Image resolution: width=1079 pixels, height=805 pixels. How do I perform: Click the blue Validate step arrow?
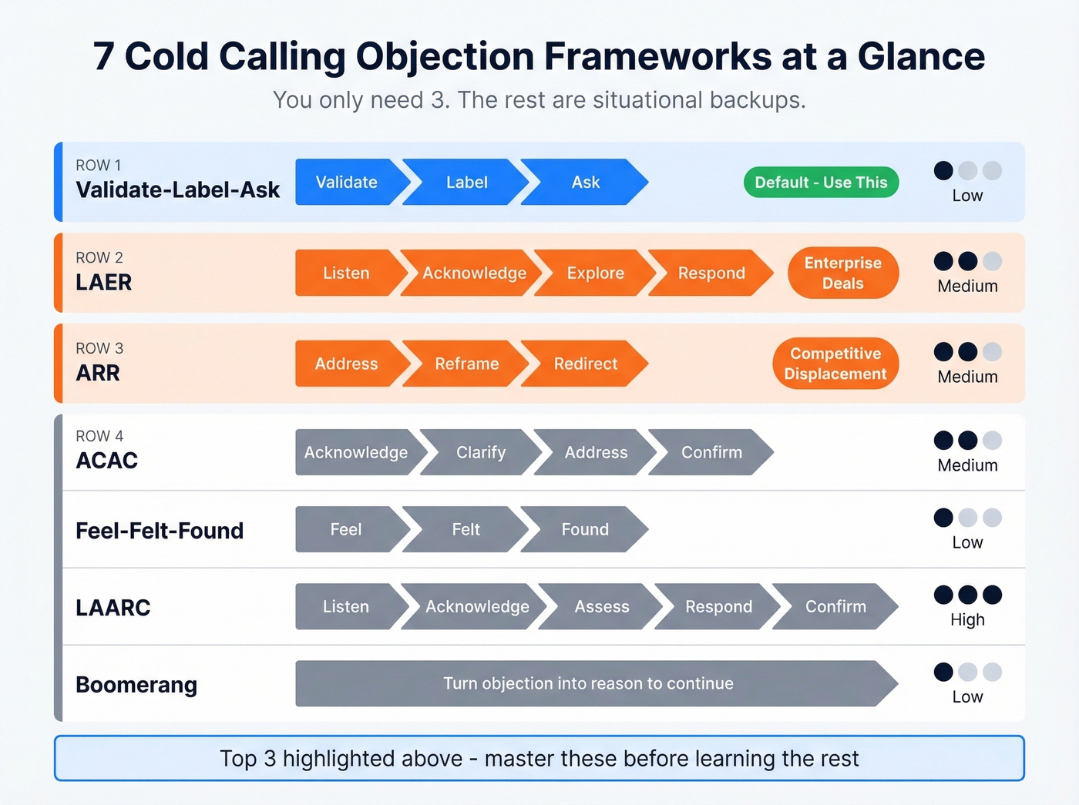(347, 183)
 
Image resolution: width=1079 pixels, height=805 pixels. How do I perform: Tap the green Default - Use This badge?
(821, 183)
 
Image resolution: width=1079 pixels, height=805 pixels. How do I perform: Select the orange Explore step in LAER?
(595, 273)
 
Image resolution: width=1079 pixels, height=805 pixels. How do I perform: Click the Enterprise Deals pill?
(842, 273)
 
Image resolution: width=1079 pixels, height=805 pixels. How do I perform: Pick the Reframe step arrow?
(466, 364)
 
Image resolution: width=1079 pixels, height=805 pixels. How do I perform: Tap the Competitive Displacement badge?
(835, 364)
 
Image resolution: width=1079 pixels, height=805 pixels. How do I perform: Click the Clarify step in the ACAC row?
(480, 453)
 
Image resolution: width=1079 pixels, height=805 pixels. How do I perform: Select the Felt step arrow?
(466, 530)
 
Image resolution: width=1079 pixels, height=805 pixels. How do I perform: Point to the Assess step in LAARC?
(601, 607)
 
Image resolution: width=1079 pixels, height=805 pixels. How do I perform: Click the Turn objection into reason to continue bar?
(588, 684)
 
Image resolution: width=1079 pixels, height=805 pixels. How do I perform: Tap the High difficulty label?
(967, 620)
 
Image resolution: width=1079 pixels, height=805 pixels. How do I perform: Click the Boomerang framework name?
(136, 685)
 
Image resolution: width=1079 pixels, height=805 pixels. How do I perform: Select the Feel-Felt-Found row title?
(160, 531)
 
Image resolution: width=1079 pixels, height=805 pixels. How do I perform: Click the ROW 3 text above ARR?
(99, 348)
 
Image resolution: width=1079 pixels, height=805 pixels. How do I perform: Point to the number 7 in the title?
(104, 57)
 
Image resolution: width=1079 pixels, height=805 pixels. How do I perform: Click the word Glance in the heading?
(921, 57)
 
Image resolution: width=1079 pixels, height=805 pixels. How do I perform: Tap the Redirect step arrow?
(585, 364)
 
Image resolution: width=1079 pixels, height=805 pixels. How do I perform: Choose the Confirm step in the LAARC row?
(835, 607)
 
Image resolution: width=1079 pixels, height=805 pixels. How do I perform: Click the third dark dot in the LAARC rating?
(992, 595)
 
